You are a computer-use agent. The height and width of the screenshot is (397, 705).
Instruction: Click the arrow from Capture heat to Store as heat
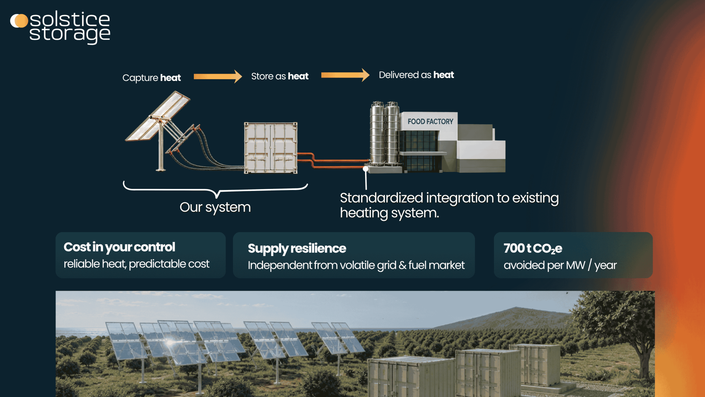pyautogui.click(x=218, y=76)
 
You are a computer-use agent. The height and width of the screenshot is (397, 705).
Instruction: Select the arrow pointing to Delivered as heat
pyautogui.click(x=345, y=75)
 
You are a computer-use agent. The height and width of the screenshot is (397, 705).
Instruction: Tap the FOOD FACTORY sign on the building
pyautogui.click(x=430, y=121)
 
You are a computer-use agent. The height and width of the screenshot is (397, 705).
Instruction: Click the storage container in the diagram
pyautogui.click(x=271, y=148)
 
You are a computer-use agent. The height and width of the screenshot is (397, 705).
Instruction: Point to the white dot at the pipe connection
pyautogui.click(x=365, y=169)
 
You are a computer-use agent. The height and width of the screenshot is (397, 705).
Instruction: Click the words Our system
pyautogui.click(x=215, y=207)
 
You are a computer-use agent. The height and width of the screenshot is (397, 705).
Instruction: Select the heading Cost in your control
pyautogui.click(x=119, y=247)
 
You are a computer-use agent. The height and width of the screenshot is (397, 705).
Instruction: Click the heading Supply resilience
pyautogui.click(x=297, y=249)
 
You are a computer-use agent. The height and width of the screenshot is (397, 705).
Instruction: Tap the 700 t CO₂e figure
pyautogui.click(x=533, y=248)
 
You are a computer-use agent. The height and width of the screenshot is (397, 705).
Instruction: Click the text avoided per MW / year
pyautogui.click(x=560, y=265)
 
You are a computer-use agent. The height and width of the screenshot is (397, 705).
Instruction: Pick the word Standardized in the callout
pyautogui.click(x=381, y=198)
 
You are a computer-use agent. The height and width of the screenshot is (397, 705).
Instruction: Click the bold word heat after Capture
pyautogui.click(x=170, y=78)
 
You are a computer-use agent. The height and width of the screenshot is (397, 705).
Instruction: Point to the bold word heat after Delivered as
pyautogui.click(x=444, y=75)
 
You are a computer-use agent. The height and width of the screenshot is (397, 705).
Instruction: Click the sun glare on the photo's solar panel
pyautogui.click(x=170, y=343)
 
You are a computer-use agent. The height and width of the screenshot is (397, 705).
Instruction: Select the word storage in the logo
pyautogui.click(x=70, y=34)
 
